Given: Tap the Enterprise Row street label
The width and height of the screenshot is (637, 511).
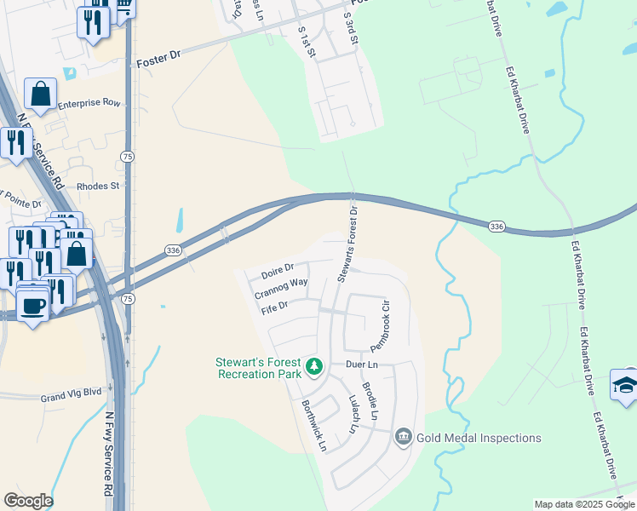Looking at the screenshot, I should click(89, 104).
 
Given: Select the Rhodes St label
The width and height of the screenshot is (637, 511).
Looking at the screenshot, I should click(100, 185).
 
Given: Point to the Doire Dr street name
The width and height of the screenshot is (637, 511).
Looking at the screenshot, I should click(278, 271).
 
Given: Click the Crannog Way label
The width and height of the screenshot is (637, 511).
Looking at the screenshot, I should click(281, 289).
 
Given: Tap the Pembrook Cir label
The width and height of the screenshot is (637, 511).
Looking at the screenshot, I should click(380, 325).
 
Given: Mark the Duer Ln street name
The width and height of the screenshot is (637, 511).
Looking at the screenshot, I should click(361, 365).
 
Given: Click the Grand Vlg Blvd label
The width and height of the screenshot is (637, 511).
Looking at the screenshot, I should click(71, 397).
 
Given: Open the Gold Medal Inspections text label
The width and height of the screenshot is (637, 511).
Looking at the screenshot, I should click(479, 438).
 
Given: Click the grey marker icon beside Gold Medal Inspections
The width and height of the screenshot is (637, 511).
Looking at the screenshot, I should click(404, 438).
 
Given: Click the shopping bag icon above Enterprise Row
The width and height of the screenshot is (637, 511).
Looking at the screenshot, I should click(40, 92).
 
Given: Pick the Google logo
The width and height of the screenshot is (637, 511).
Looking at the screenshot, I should click(28, 501).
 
